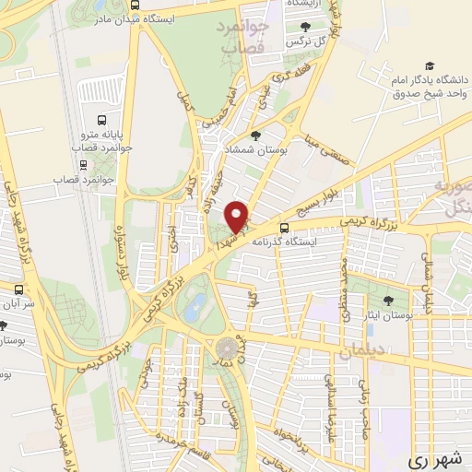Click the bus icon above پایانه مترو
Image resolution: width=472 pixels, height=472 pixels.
point(102,119)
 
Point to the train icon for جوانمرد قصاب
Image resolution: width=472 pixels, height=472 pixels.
point(85,165)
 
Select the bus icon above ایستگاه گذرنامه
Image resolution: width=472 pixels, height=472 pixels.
point(284,228)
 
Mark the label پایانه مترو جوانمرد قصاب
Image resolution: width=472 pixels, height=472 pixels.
point(108,140)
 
